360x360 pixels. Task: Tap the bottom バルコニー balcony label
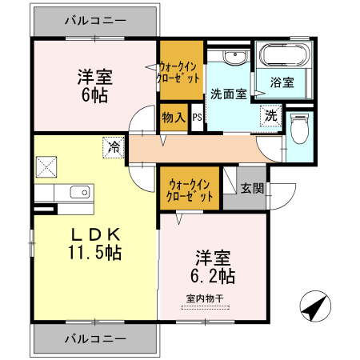(94, 338)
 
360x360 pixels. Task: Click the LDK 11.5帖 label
(94, 244)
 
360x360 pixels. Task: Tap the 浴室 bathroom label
(282, 82)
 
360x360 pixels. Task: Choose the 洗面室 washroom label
(228, 94)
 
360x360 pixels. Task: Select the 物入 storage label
(174, 118)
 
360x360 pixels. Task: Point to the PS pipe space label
(197, 118)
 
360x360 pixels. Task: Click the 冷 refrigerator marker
(114, 147)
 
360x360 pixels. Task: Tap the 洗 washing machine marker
(271, 116)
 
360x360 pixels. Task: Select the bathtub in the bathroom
(283, 58)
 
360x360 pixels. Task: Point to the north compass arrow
(314, 306)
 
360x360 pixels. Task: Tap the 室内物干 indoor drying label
(205, 298)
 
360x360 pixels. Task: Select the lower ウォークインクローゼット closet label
(190, 190)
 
